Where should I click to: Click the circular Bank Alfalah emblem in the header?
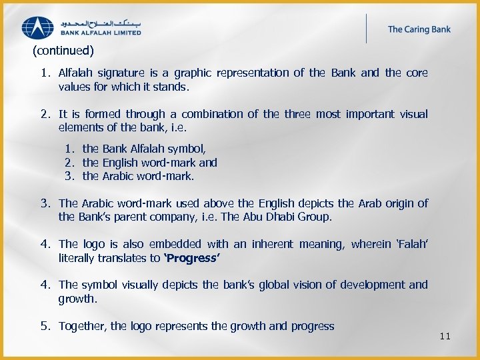38,27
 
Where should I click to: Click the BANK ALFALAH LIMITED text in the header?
101,32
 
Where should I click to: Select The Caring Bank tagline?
419,29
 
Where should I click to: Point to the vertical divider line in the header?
366,29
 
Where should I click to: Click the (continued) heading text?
63,50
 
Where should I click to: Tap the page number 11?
445,336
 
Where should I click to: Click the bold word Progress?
193,258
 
